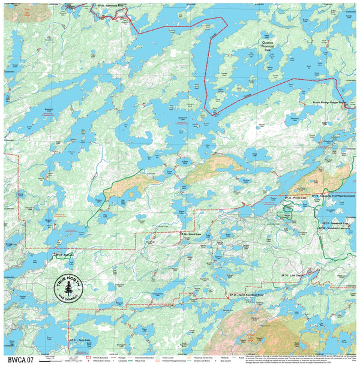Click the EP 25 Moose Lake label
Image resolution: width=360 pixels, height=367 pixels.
pyautogui.click(x=295, y=197)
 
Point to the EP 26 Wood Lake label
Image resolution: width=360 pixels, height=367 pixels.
pyautogui.click(x=191, y=233)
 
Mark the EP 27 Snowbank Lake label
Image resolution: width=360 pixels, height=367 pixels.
pyautogui.click(x=335, y=221)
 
